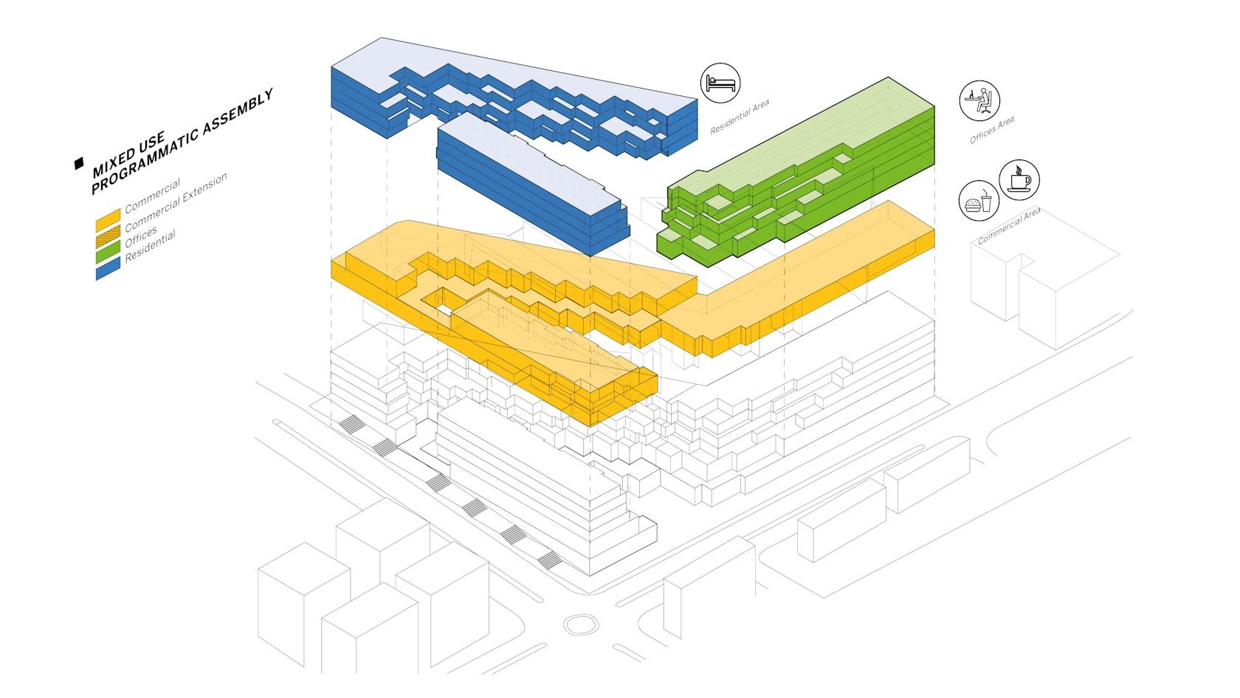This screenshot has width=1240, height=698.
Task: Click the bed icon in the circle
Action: tap(720, 83)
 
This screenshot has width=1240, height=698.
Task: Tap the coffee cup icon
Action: tap(1019, 180)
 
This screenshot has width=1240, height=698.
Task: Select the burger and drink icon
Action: tap(979, 201)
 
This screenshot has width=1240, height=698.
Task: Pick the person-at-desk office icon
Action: tap(979, 100)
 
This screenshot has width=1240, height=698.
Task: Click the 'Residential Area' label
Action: tap(740, 117)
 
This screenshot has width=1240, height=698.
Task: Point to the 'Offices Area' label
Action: tap(992, 130)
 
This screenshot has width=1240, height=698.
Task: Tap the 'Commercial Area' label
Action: tap(1008, 226)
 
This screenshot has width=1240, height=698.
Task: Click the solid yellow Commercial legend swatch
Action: tap(108, 220)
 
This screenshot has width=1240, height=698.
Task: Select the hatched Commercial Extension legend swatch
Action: tap(108, 236)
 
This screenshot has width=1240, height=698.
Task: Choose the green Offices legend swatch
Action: tap(108, 253)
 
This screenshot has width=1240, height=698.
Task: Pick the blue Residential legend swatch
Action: tap(108, 269)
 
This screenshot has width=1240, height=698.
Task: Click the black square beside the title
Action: tap(79, 163)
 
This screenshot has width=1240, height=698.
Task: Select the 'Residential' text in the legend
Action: tap(150, 245)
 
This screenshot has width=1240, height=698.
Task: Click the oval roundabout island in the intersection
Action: tap(581, 625)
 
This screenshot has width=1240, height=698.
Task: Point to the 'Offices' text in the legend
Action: tap(140, 236)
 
